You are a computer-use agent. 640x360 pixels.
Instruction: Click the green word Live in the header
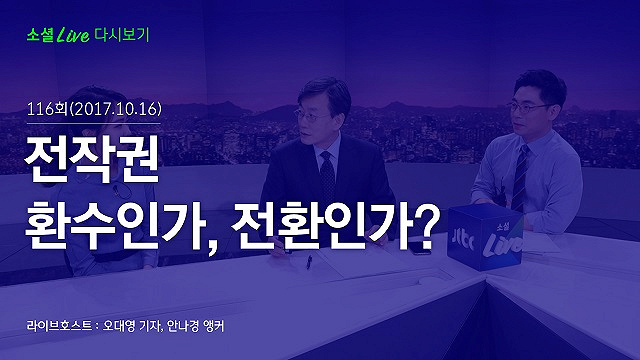73,35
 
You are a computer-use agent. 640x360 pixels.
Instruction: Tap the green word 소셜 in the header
40,35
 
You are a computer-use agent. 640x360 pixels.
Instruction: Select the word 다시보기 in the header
122,35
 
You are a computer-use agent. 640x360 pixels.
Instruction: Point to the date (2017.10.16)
116,109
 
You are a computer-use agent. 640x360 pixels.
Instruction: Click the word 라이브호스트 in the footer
59,326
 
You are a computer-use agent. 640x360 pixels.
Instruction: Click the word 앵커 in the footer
214,326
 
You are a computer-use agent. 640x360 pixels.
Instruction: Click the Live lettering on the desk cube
502,244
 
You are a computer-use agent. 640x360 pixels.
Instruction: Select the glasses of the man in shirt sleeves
528,108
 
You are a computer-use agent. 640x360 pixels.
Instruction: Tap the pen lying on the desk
309,262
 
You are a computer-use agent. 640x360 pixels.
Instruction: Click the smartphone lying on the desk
421,247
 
